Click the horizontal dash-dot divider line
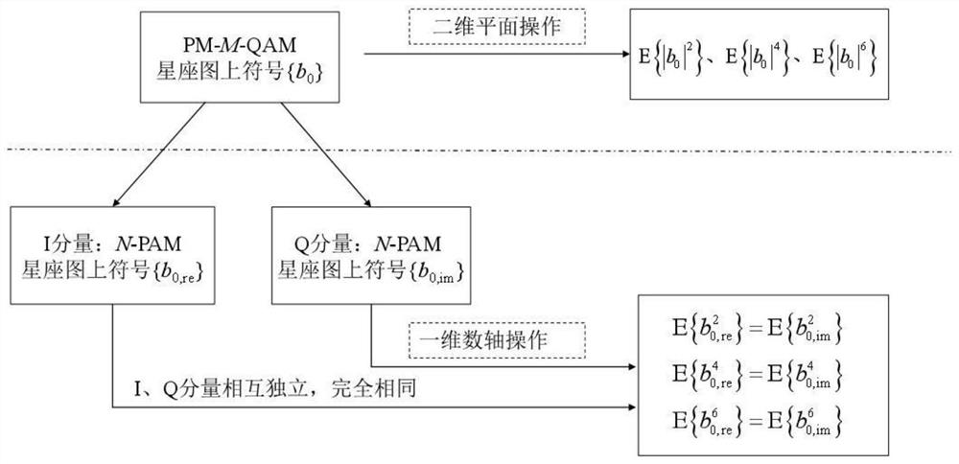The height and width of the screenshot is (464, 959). tap(479, 150)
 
